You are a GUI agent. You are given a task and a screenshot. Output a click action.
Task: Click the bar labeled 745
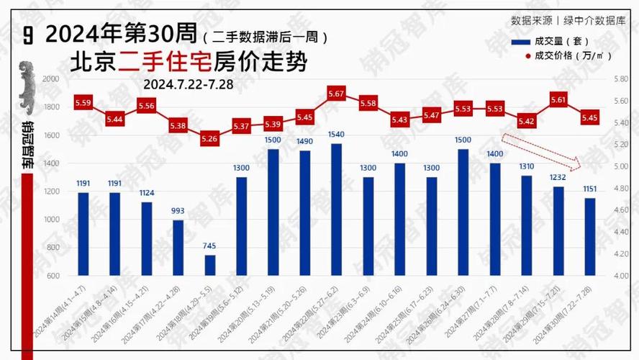point(210,265)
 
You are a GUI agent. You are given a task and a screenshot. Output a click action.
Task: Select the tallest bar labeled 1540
point(335,209)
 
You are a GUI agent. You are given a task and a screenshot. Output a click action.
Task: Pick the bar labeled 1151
point(590,236)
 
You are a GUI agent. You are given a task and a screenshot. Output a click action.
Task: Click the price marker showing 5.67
point(336,94)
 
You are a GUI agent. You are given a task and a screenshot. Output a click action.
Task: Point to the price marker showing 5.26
point(209,138)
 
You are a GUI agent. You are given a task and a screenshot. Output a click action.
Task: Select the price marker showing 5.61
point(558,100)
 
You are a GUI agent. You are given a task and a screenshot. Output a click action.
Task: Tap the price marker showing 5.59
point(83,103)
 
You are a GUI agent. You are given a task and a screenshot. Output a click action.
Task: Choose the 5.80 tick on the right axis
point(620,79)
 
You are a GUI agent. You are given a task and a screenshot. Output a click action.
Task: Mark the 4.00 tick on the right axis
point(620,276)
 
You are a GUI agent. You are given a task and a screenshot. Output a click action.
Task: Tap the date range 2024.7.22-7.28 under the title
point(189,84)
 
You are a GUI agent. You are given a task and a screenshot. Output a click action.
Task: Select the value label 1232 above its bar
point(558,177)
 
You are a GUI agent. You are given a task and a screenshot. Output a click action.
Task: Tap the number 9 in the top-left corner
point(27,34)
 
